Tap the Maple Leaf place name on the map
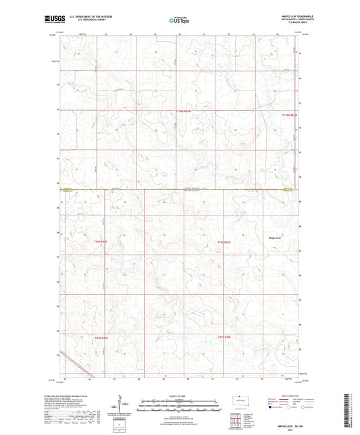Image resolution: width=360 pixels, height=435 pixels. [274, 237]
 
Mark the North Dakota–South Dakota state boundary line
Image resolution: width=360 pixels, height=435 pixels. [180, 189]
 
